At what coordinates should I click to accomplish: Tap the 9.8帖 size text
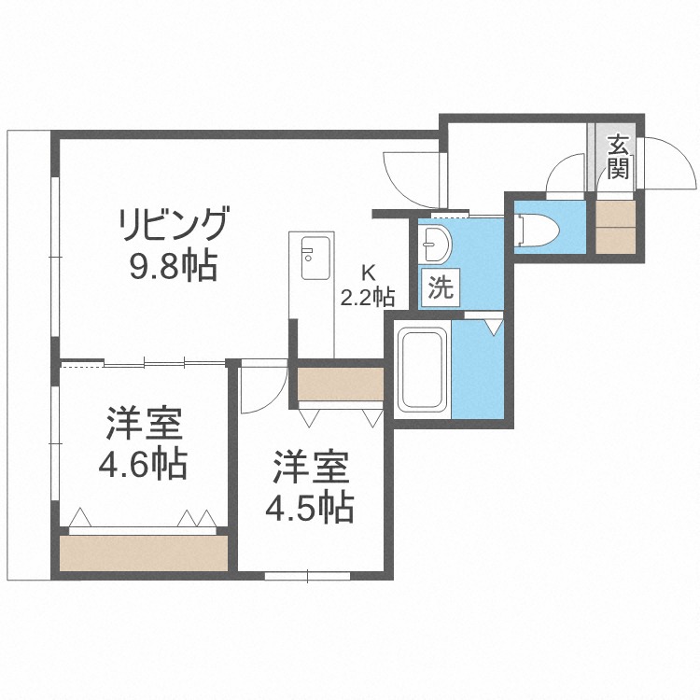[x=173, y=268]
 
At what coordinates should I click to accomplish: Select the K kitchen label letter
[x=368, y=273]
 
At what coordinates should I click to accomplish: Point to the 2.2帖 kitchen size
[x=367, y=298]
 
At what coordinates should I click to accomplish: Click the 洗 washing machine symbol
[x=440, y=287]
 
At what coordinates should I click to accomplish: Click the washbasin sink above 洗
[x=435, y=245]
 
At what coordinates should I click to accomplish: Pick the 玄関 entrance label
[x=618, y=156]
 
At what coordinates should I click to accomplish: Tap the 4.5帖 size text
[x=309, y=506]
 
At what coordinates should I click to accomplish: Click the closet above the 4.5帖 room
[x=341, y=384]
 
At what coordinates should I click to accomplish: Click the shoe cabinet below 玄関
[x=617, y=225]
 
